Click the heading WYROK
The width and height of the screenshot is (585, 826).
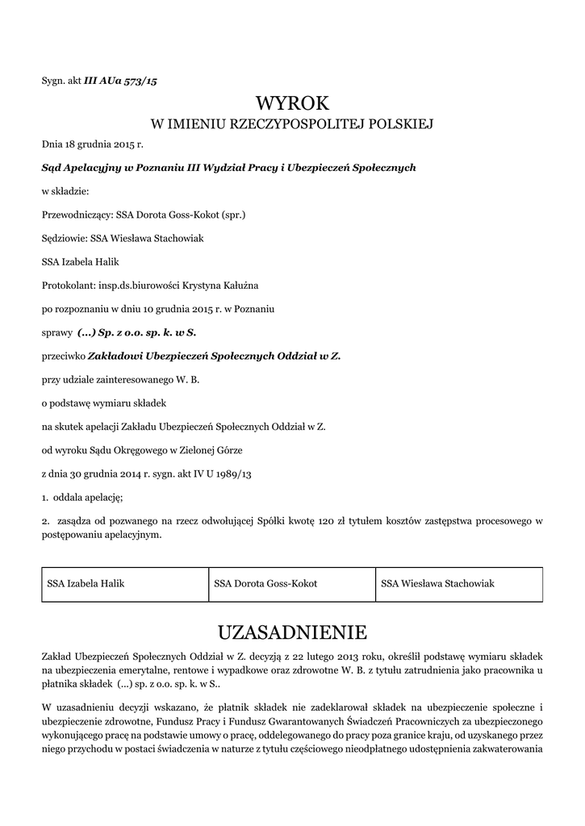[293, 103]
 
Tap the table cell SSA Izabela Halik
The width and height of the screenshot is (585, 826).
[124, 583]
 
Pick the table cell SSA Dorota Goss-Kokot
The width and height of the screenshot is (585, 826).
[292, 583]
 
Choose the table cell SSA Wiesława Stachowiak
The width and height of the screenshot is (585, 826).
[459, 583]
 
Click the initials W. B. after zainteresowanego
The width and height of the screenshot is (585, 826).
[187, 378]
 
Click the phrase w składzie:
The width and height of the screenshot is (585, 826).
[65, 191]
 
